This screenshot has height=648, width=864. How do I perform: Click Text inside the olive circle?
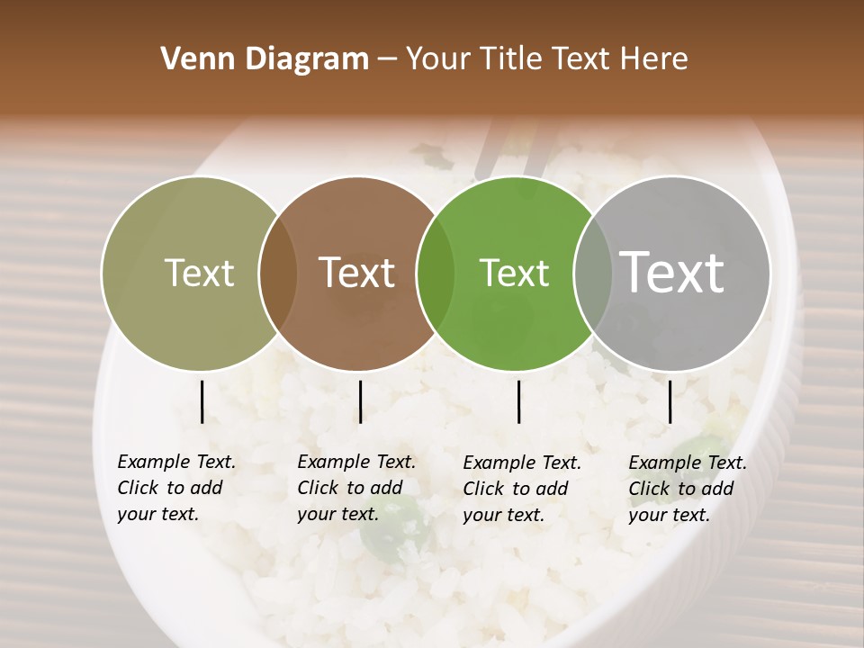click(199, 274)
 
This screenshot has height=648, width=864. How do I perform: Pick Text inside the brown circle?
click(357, 274)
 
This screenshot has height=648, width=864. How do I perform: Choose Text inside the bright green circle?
click(514, 274)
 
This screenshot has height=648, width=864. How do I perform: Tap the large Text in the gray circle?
click(672, 272)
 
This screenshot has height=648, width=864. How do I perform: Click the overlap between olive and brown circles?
click(278, 274)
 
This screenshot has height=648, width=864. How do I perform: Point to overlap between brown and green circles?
click(436, 274)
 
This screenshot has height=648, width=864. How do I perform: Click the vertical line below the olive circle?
click(202, 401)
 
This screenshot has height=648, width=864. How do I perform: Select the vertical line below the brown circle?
click(360, 401)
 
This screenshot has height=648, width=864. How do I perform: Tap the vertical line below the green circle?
click(518, 401)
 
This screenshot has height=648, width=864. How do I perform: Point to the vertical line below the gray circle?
click(670, 401)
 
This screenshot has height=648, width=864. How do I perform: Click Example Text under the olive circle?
click(176, 462)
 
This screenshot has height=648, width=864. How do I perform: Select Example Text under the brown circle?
click(356, 462)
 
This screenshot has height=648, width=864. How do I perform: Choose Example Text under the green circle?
click(522, 463)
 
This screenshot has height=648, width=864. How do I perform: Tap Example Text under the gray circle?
click(688, 463)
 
